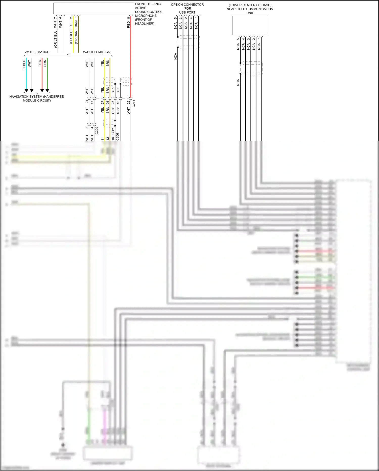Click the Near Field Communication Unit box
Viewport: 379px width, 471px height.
coord(250,26)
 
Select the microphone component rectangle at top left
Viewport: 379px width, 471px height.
coord(93,8)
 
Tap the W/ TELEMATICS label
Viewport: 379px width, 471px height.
coord(37,52)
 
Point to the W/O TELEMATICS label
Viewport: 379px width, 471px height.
coord(97,52)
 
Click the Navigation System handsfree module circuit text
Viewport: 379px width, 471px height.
coord(37,98)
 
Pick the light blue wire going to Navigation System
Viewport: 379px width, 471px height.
coord(26,75)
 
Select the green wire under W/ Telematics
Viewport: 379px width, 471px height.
coord(47,75)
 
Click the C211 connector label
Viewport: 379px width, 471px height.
coord(134,104)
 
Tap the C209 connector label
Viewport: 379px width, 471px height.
coord(97,131)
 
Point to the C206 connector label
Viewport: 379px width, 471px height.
coord(118,137)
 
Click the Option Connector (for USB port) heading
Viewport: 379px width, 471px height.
coord(187,8)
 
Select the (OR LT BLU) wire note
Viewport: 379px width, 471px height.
coord(56,39)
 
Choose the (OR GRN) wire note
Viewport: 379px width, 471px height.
coord(76,37)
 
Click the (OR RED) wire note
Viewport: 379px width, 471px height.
coord(71,37)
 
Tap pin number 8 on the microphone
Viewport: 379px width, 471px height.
coord(129,18)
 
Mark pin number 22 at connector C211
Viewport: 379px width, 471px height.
coord(129,103)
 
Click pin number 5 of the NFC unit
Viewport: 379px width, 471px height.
coord(238,39)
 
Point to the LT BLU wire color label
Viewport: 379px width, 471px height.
coord(24,65)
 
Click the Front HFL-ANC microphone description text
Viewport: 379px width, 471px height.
coord(148,14)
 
